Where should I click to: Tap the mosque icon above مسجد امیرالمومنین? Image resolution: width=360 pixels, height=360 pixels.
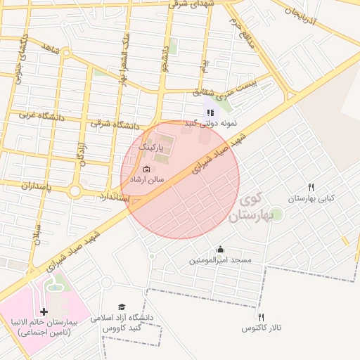pyautogui.click(x=220, y=249)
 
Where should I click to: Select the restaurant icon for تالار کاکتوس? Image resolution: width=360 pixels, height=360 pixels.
pyautogui.click(x=261, y=317)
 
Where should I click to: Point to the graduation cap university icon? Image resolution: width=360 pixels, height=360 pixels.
pyautogui.click(x=122, y=307)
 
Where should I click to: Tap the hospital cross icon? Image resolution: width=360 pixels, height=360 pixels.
pyautogui.click(x=44, y=311)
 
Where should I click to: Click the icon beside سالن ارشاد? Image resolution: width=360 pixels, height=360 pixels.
pyautogui.click(x=146, y=169)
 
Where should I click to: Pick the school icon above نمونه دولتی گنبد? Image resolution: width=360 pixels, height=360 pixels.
pyautogui.click(x=210, y=112)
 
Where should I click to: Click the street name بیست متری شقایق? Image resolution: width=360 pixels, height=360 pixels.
pyautogui.click(x=226, y=87)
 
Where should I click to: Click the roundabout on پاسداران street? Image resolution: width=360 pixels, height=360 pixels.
pyautogui.click(x=75, y=191)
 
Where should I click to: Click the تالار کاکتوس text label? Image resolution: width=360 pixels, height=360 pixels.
pyautogui.click(x=261, y=328)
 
